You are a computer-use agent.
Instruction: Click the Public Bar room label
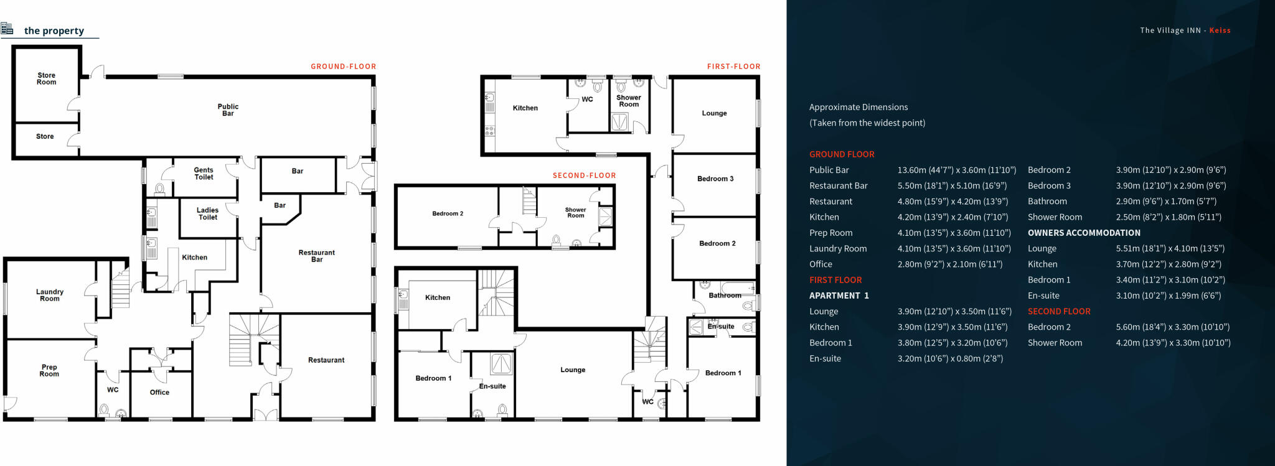click(x=228, y=110)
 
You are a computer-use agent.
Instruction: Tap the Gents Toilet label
click(x=204, y=174)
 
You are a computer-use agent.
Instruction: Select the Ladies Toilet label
click(x=207, y=213)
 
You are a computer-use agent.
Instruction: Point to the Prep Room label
click(x=49, y=370)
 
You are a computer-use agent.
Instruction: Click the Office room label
click(x=159, y=393)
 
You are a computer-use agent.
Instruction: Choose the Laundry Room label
click(x=50, y=295)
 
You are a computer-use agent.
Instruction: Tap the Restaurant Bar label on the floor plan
click(x=316, y=256)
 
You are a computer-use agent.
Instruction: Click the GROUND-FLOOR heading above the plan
click(x=343, y=67)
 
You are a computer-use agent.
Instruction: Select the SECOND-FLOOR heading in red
click(x=584, y=175)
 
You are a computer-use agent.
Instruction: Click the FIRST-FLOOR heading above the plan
click(x=733, y=67)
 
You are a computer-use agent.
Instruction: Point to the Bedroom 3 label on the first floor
click(x=715, y=179)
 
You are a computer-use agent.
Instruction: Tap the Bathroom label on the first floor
click(x=725, y=296)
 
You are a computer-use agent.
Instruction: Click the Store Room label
click(x=46, y=78)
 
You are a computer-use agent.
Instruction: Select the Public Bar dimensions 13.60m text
click(x=956, y=170)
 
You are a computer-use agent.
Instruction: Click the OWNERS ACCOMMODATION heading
click(x=1084, y=233)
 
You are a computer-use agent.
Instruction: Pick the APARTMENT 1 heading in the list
click(x=839, y=296)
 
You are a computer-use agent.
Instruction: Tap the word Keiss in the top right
click(x=1220, y=30)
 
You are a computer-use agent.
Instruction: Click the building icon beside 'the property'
click(x=7, y=29)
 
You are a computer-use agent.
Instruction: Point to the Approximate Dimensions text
click(x=858, y=107)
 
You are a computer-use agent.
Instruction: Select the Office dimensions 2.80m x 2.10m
click(x=949, y=264)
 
